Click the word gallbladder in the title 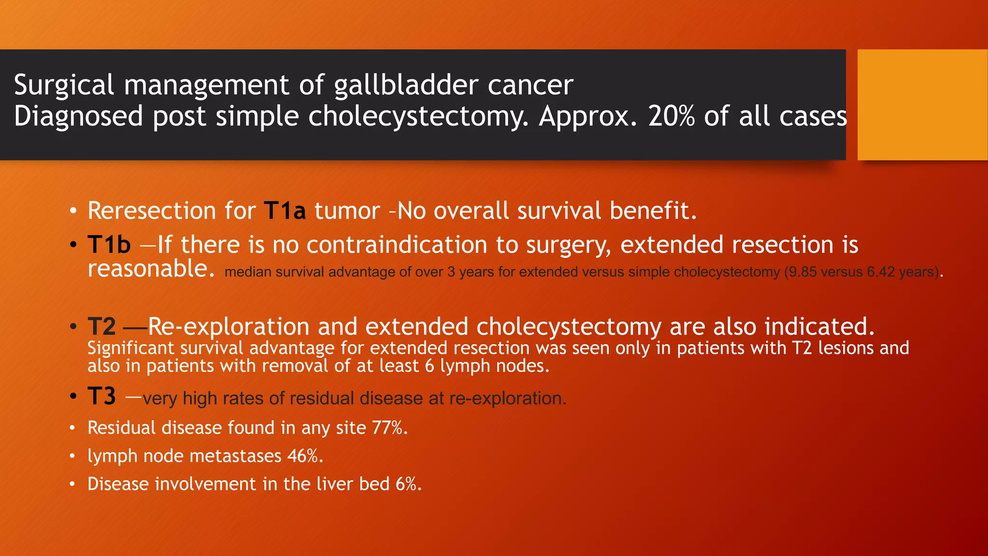pos(405,85)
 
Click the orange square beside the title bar pos(922,104)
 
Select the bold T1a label pos(285,211)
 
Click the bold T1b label pos(109,245)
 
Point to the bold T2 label pos(102,327)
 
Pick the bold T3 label pos(102,396)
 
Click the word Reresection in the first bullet pos(151,211)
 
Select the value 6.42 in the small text pos(880,272)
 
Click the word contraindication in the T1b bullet pos(397,245)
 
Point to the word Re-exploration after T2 pos(228,327)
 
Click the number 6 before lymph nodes pos(429,366)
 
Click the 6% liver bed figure pos(408,484)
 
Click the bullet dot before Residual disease pos(72,428)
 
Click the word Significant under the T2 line pos(130,348)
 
